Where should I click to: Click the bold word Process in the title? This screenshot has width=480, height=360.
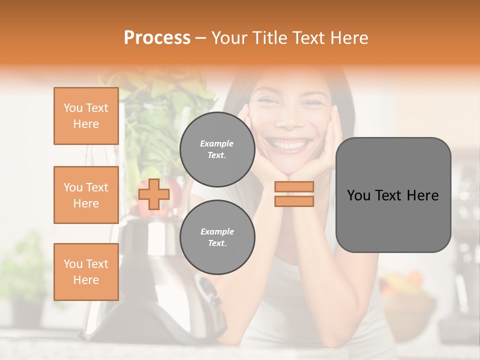pos(157,38)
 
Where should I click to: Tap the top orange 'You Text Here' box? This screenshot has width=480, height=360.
pos(86,116)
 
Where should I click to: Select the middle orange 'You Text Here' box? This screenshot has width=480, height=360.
pos(86,195)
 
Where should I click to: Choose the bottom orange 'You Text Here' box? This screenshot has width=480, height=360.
pos(86,272)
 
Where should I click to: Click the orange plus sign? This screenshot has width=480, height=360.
pos(154,194)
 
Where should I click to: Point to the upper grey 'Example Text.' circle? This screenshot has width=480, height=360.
pos(217,149)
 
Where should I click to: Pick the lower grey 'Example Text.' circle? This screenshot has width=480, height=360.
pos(217,237)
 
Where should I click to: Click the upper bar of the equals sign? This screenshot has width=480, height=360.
pos(294,186)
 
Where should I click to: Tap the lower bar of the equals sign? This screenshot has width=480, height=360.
pos(294,201)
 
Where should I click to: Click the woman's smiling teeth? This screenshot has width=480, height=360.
pos(289,145)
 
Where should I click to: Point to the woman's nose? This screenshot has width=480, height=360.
pos(290,120)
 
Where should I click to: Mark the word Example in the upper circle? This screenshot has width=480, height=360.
pos(216,143)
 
